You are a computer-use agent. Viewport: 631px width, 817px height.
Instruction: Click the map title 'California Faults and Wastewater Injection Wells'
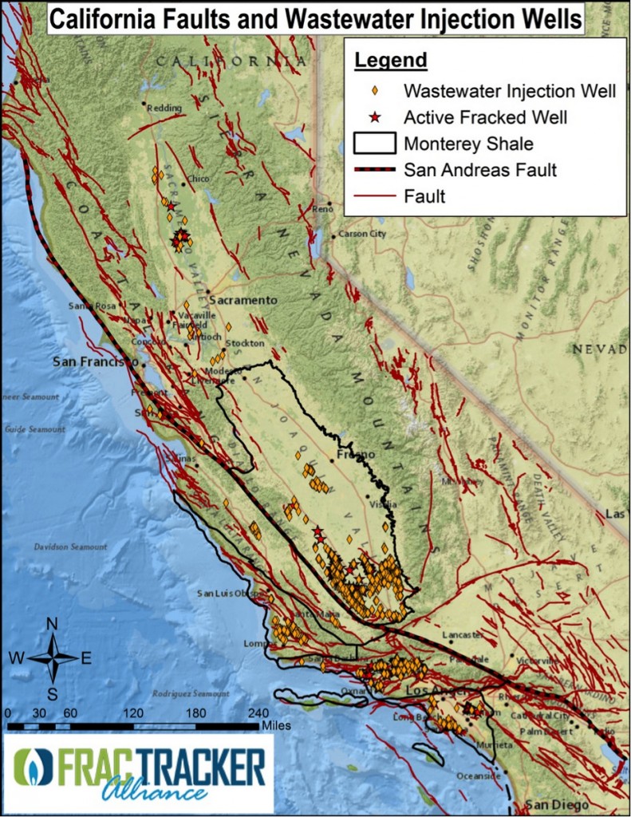pos(315,18)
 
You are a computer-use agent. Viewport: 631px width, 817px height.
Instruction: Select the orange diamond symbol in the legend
pos(374,90)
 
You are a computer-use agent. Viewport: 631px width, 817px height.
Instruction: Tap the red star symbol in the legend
pos(374,117)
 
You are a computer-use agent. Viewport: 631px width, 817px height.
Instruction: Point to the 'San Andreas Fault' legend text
pos(479,169)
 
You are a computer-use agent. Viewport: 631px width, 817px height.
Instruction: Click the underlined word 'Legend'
pos(390,60)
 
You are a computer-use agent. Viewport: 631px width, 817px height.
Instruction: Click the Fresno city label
pos(355,455)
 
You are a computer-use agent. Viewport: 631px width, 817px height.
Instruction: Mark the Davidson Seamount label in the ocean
pos(70,547)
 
